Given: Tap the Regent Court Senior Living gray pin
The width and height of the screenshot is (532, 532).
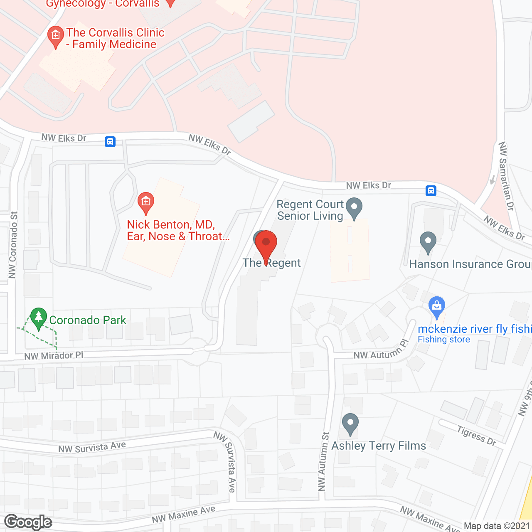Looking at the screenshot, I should (x=354, y=207).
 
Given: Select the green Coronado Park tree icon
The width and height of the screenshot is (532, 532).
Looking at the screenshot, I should (x=39, y=318).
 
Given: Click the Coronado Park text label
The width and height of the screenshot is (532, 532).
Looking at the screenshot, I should (x=88, y=320).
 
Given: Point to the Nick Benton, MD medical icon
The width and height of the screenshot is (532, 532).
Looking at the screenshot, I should (x=145, y=202).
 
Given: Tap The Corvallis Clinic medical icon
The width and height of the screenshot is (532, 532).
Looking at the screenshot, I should (x=56, y=36).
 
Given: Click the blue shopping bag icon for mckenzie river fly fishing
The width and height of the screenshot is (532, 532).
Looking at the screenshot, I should (x=436, y=307).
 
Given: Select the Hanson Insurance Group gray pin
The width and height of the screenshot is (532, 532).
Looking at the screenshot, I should (x=428, y=241).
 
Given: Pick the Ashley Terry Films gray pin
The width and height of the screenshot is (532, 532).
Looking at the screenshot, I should (x=350, y=424).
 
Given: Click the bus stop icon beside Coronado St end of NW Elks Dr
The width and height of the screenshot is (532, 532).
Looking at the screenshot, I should (x=110, y=142).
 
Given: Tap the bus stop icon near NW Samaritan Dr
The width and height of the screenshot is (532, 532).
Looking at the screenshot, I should (x=431, y=191).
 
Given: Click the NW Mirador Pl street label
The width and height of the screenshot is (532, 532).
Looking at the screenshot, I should (x=54, y=356).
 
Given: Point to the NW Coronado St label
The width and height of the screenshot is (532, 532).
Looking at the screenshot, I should (x=13, y=245).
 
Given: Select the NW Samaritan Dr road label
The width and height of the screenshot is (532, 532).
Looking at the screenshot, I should (x=506, y=176).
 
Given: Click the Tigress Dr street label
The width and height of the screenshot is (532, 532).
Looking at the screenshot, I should (x=477, y=436).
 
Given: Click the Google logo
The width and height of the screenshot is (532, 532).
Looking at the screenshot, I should (x=28, y=522).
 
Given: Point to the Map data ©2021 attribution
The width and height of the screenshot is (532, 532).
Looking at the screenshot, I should (x=497, y=526).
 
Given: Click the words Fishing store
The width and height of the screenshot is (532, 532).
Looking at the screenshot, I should (x=444, y=340).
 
